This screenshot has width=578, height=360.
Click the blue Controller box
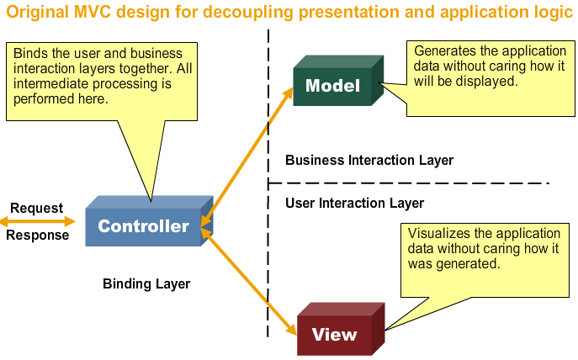(144, 225)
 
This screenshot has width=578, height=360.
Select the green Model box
(332, 86)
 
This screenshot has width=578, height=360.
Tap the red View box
(334, 334)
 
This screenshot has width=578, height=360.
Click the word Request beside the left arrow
(36, 208)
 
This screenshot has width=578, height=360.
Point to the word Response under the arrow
(38, 236)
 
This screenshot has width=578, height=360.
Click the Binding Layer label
(146, 284)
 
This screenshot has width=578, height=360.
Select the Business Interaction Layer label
(369, 160)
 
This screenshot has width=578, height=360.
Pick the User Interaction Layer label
(354, 203)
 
